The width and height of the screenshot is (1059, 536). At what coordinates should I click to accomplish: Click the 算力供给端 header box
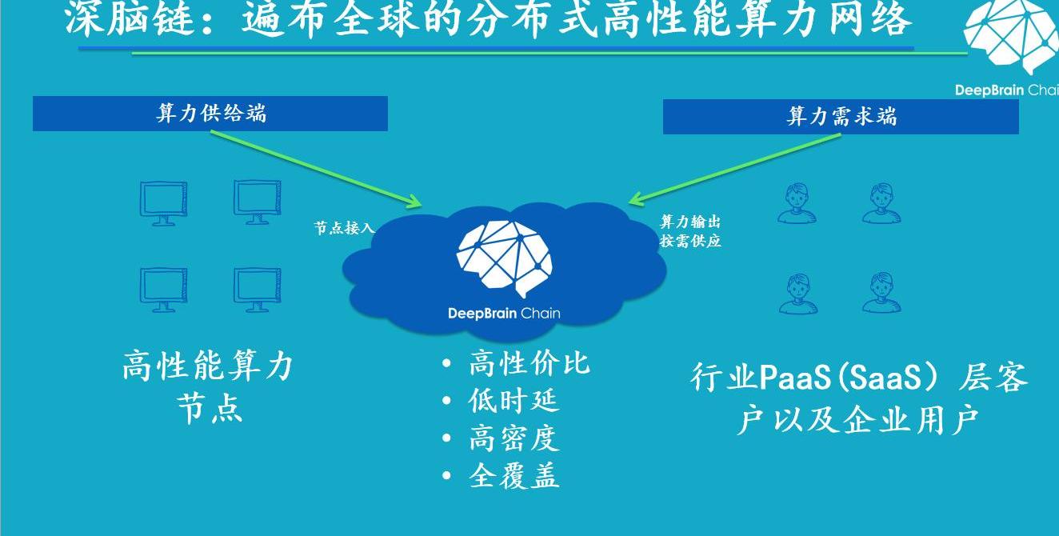point(210,114)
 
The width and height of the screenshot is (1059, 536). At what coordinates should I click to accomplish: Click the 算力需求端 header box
point(841,117)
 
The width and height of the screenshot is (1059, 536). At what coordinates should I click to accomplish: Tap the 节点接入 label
point(344,228)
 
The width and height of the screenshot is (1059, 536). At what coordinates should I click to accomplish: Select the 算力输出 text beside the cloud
point(689,222)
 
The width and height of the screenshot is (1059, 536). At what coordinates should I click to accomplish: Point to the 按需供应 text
point(689,241)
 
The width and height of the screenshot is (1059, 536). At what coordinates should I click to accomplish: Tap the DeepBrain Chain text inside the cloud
point(504,313)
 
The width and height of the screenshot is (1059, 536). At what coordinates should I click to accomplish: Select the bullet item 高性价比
point(529,364)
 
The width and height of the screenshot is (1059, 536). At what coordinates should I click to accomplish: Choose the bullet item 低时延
point(514,401)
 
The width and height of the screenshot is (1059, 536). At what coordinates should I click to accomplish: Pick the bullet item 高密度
point(514,438)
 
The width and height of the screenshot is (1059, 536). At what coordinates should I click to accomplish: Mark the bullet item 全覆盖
point(514,476)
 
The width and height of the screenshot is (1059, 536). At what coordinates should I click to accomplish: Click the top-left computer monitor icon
point(163,203)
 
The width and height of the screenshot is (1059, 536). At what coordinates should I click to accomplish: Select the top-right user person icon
point(881,204)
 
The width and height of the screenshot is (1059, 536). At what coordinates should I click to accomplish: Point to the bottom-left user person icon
point(797,294)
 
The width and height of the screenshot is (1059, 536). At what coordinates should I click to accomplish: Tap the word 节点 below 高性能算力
point(210,409)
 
